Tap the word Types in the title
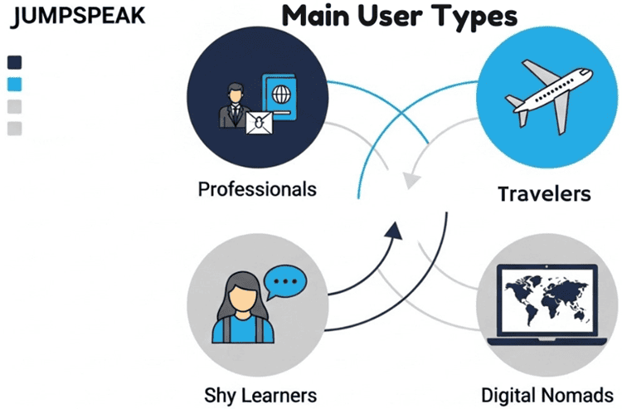click(x=475, y=17)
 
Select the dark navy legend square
click(x=14, y=62)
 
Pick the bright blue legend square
click(x=14, y=84)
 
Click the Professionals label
click(x=257, y=189)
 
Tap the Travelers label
click(x=544, y=194)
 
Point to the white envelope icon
click(x=260, y=125)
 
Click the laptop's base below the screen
click(x=543, y=340)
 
